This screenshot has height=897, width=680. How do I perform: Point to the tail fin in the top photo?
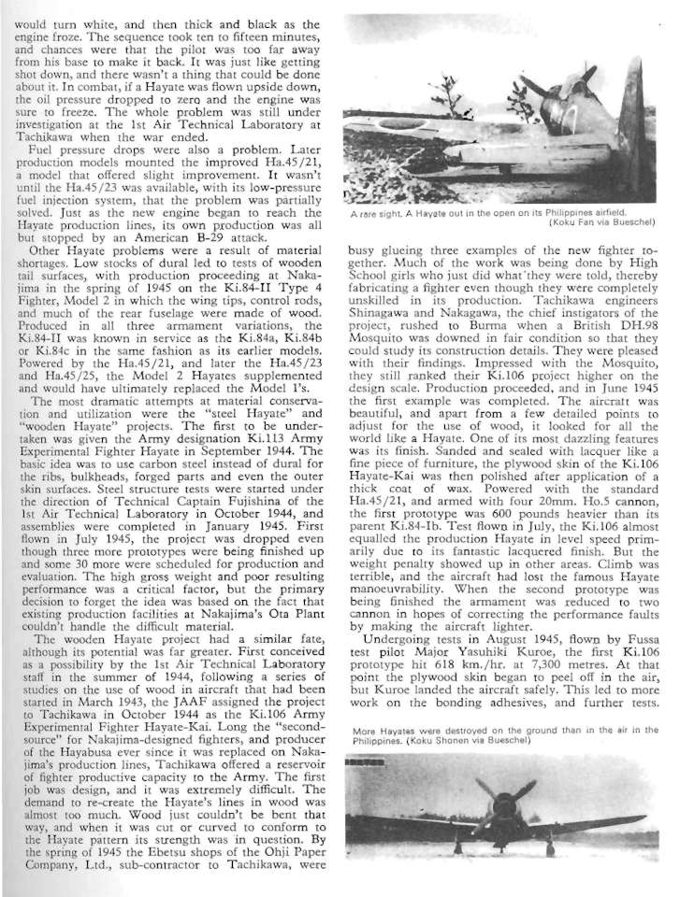coord(632,130)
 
